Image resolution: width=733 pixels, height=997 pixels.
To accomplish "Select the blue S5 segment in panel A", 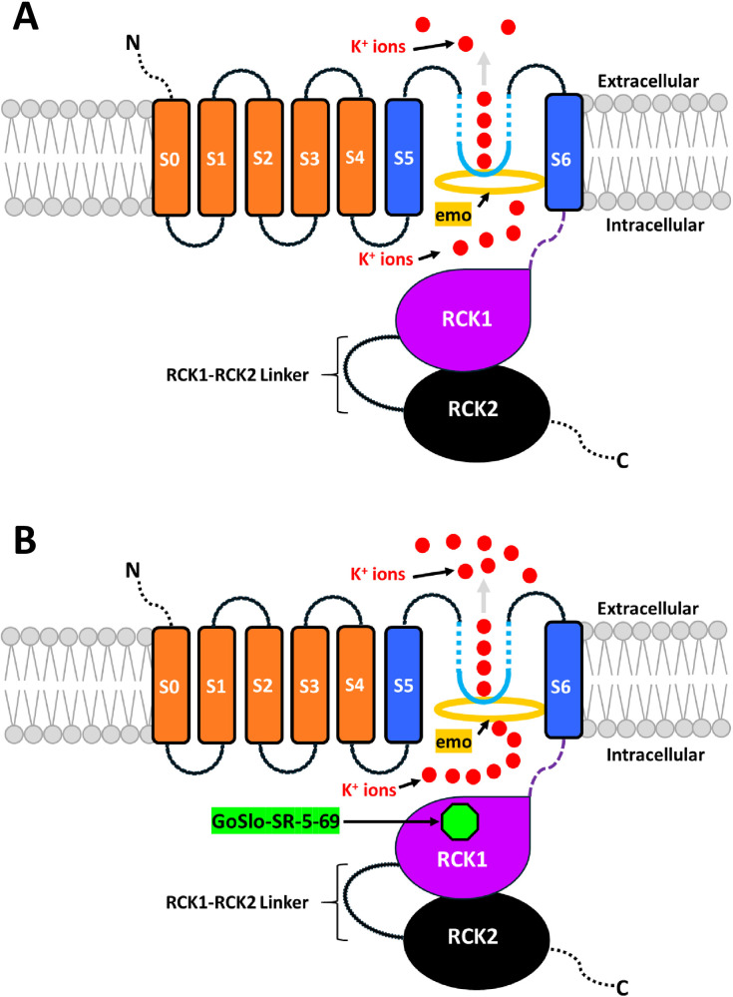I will pos(403,158).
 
